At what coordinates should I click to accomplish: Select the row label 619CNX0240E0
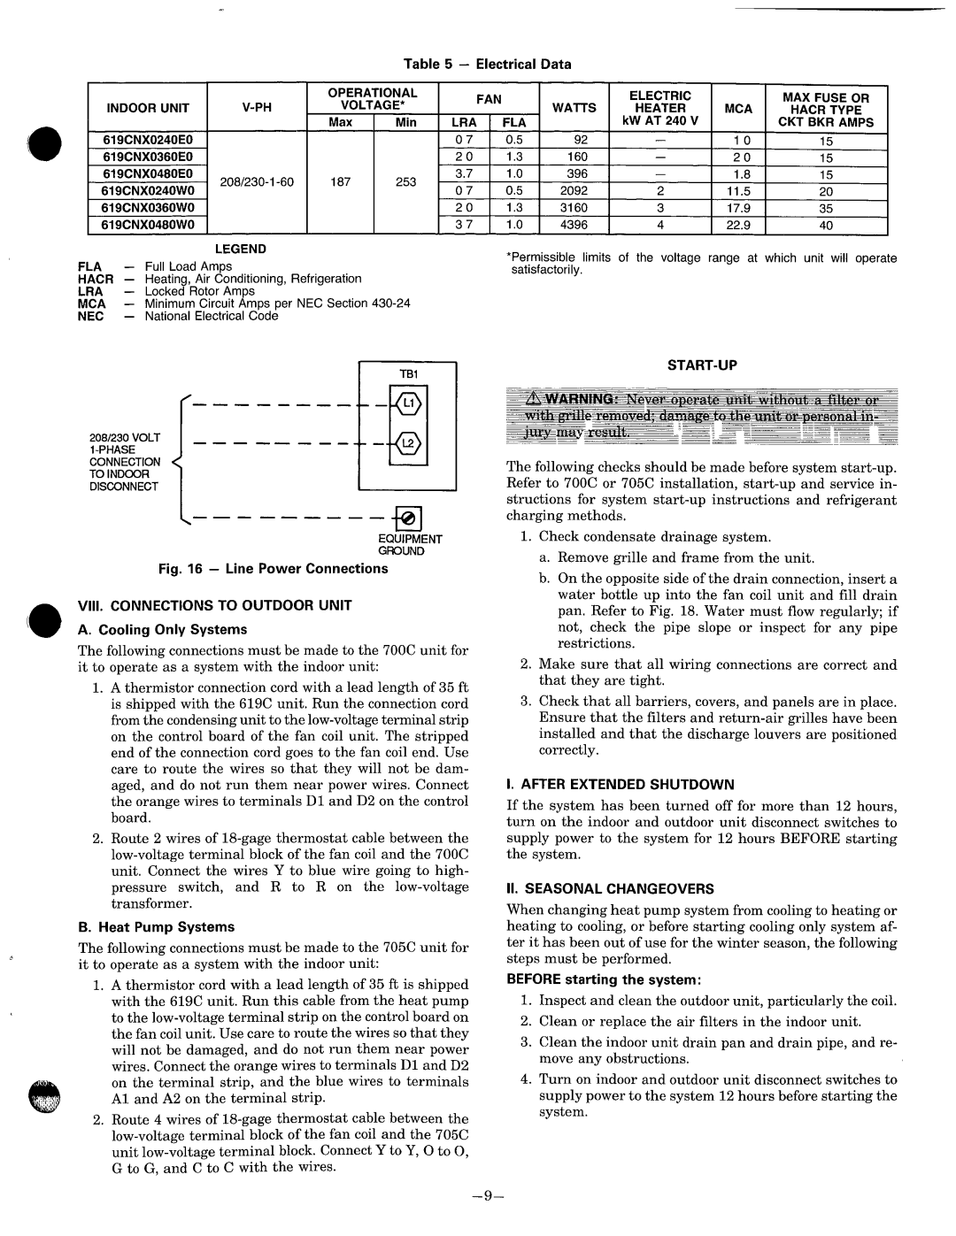(x=147, y=140)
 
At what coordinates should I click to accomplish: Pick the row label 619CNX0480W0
(x=147, y=225)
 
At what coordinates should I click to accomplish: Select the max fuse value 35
(x=826, y=208)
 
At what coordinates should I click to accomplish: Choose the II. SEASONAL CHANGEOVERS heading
(x=610, y=888)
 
